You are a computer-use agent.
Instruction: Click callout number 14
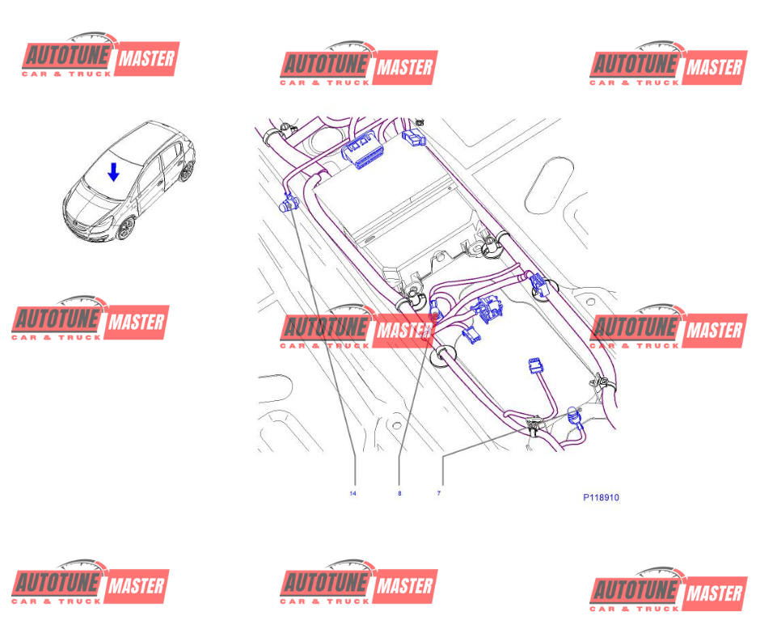(353, 493)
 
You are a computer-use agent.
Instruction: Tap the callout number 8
(399, 493)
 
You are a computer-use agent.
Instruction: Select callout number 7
(439, 493)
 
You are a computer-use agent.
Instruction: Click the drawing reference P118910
(601, 498)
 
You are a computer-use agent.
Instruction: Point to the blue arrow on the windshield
(114, 171)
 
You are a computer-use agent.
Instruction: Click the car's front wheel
(125, 229)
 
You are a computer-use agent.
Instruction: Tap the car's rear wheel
(188, 170)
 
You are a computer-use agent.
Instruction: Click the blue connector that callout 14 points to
(288, 204)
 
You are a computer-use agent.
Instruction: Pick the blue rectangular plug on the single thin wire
(534, 368)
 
